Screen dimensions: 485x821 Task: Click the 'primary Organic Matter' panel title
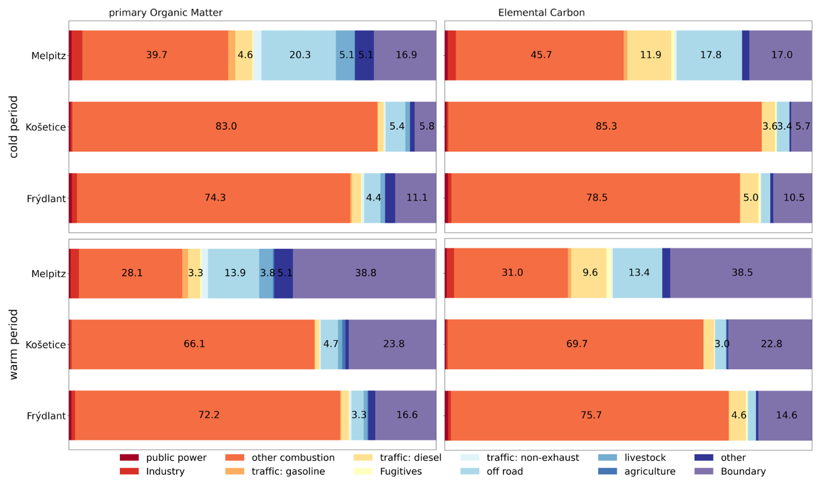(165, 13)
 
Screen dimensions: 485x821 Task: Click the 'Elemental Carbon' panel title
(541, 13)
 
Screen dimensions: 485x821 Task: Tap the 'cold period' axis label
(14, 127)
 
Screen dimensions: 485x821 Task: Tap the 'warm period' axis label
(14, 344)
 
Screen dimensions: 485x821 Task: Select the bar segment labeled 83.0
(225, 126)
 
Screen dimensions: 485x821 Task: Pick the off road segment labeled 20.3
(299, 55)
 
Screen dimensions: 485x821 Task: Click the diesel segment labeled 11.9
(650, 55)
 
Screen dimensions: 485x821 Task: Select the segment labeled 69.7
(576, 344)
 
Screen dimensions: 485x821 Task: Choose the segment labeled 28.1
(131, 273)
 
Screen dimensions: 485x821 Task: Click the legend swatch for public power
(129, 458)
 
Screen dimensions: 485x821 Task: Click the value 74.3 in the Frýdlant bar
(215, 198)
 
